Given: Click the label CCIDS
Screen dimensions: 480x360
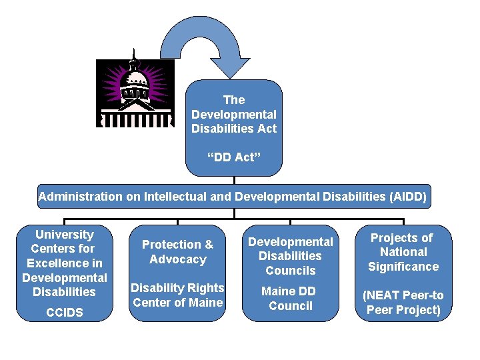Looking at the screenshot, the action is pyautogui.click(x=65, y=312).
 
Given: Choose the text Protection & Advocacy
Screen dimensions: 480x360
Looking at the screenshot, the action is pyautogui.click(x=177, y=252).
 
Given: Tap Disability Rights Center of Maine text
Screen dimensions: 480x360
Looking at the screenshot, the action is pyautogui.click(x=177, y=295).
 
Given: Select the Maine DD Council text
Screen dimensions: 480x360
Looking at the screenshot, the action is pyautogui.click(x=290, y=299).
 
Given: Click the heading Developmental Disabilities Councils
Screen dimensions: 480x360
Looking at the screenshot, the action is pyautogui.click(x=290, y=256).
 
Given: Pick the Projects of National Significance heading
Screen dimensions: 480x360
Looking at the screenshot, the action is pyautogui.click(x=403, y=252).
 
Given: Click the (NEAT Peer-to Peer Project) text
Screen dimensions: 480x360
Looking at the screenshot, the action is pyautogui.click(x=403, y=303).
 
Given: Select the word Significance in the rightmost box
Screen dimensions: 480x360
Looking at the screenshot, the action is pyautogui.click(x=403, y=267).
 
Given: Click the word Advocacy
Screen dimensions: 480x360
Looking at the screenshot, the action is pyautogui.click(x=178, y=259).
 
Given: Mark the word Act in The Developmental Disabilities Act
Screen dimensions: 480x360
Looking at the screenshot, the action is pyautogui.click(x=266, y=129).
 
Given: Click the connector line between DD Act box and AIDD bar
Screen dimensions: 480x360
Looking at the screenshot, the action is pyautogui.click(x=234, y=180).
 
